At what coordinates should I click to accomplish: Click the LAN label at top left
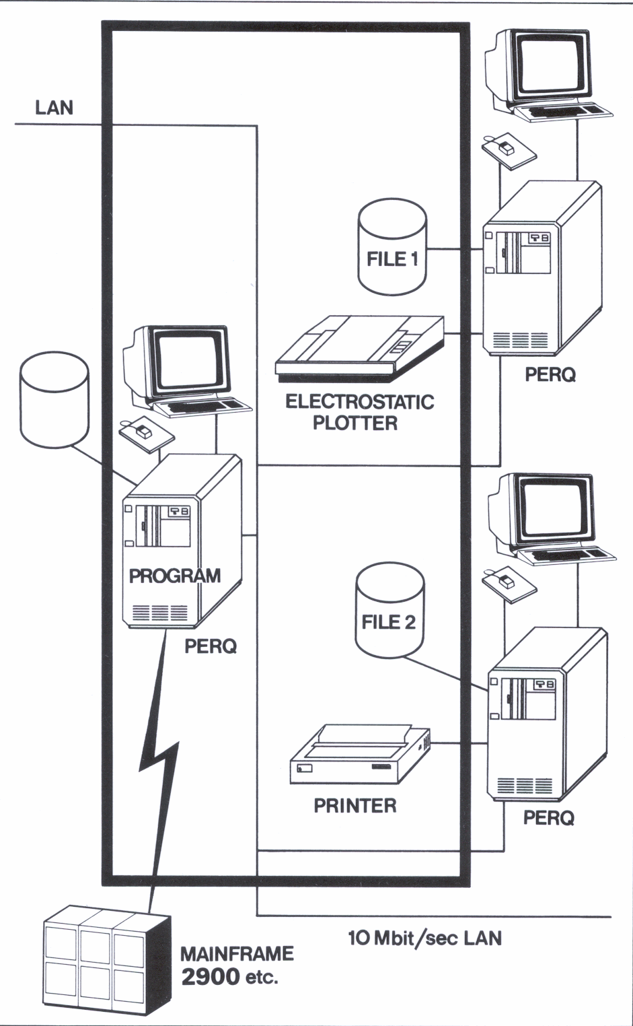[x=54, y=108]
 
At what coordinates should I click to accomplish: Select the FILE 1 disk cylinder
[x=392, y=247]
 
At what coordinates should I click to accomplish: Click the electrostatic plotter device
[x=360, y=345]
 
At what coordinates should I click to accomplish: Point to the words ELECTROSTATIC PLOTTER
[x=359, y=412]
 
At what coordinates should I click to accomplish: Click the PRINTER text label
[x=355, y=805]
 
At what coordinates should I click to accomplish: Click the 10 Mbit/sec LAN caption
[x=424, y=938]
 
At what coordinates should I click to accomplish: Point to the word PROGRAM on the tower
[x=174, y=576]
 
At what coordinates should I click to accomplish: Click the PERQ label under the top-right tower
[x=550, y=374]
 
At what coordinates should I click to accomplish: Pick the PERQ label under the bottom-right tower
[x=549, y=818]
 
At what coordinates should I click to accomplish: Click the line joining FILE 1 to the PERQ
[x=455, y=249]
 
